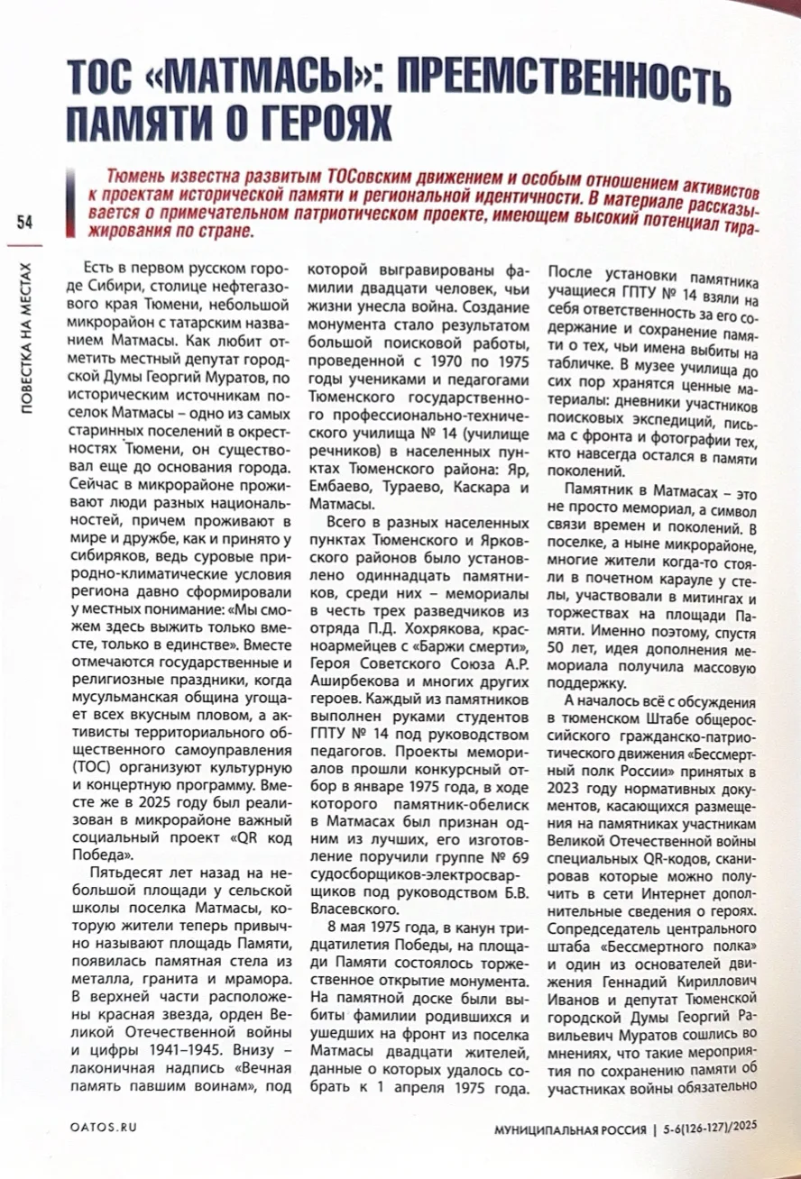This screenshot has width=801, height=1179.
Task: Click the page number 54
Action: (23, 223)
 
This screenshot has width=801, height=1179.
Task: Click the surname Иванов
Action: (576, 1015)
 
